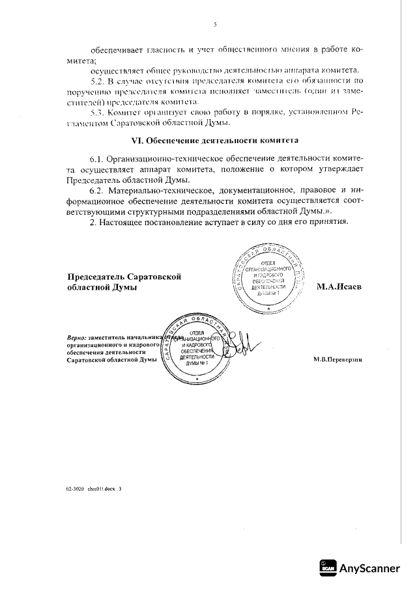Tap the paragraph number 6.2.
pos(96,191)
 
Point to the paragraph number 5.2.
pos(96,80)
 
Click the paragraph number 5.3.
pos(96,112)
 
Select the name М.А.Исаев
pos(339,286)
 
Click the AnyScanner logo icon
pos(328,568)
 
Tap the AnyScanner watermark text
pos(369,568)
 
